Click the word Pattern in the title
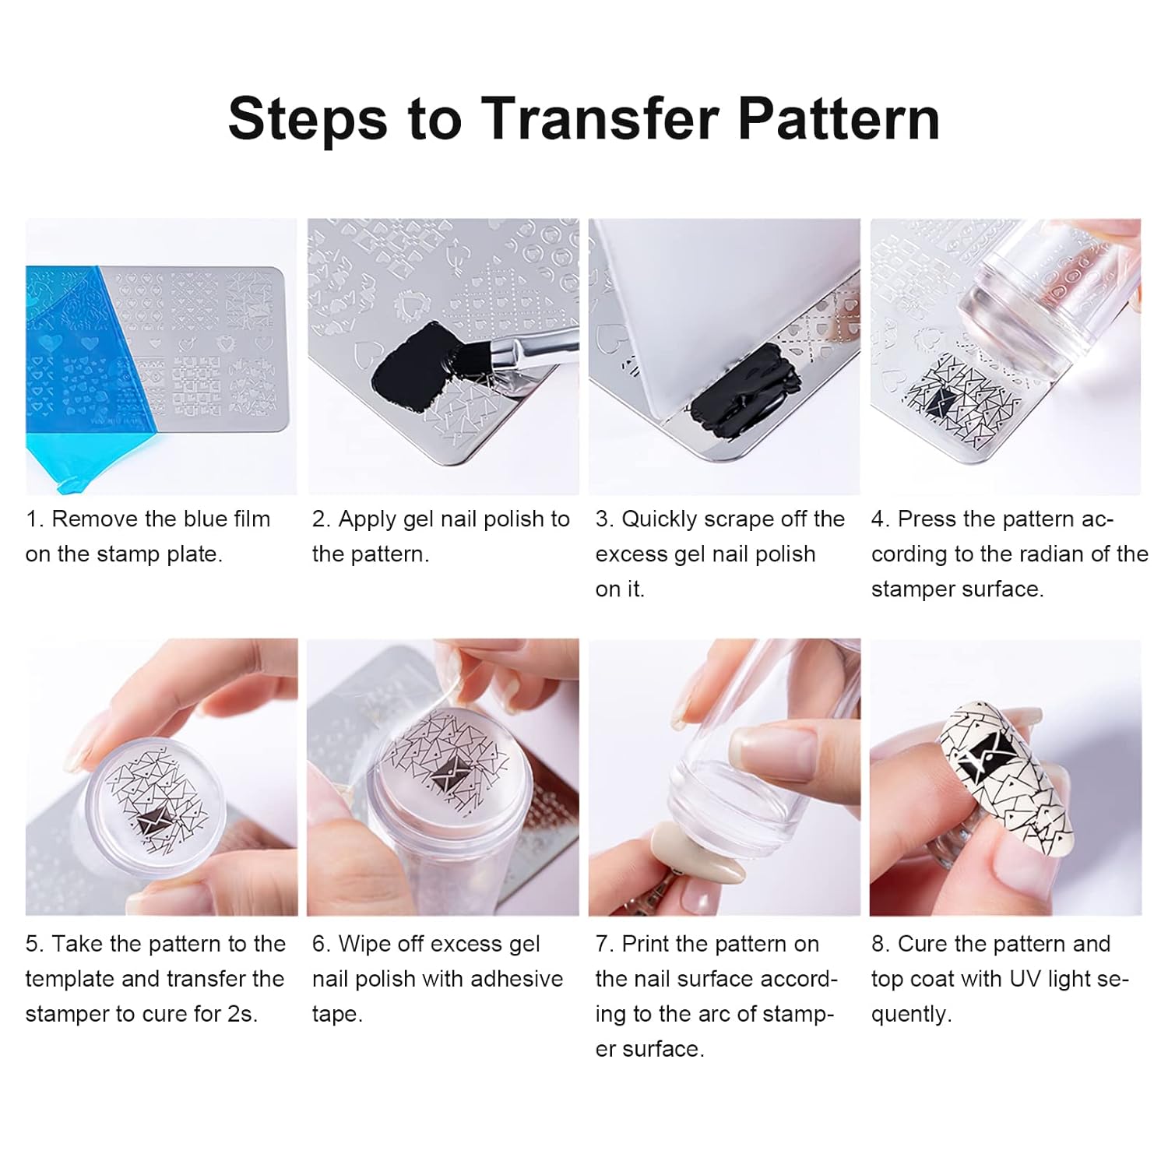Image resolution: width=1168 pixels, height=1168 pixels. coord(839,119)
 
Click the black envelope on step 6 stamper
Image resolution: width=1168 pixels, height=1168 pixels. coord(444,775)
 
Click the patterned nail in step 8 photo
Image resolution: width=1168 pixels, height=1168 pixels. coord(1004,779)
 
